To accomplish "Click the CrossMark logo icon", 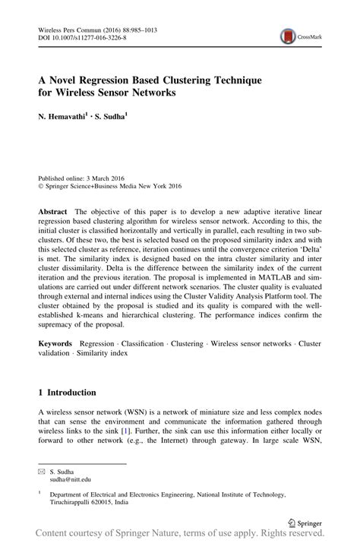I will click(x=288, y=36).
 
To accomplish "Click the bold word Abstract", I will click(x=55, y=209).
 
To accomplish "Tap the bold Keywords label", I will click(x=55, y=343).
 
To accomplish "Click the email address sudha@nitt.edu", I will click(x=70, y=480).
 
